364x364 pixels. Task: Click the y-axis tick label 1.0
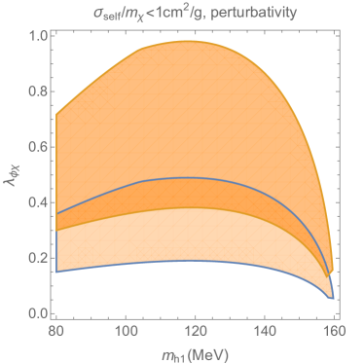pyautogui.click(x=37, y=37)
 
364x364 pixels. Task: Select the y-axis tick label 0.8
pyautogui.click(x=37, y=92)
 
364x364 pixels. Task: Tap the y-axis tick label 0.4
pyautogui.click(x=37, y=202)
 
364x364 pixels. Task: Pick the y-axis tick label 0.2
pyautogui.click(x=37, y=258)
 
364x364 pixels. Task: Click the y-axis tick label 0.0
pyautogui.click(x=37, y=313)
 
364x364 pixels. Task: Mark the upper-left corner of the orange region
pyautogui.click(x=58, y=114)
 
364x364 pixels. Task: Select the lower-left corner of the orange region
pyautogui.click(x=58, y=273)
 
